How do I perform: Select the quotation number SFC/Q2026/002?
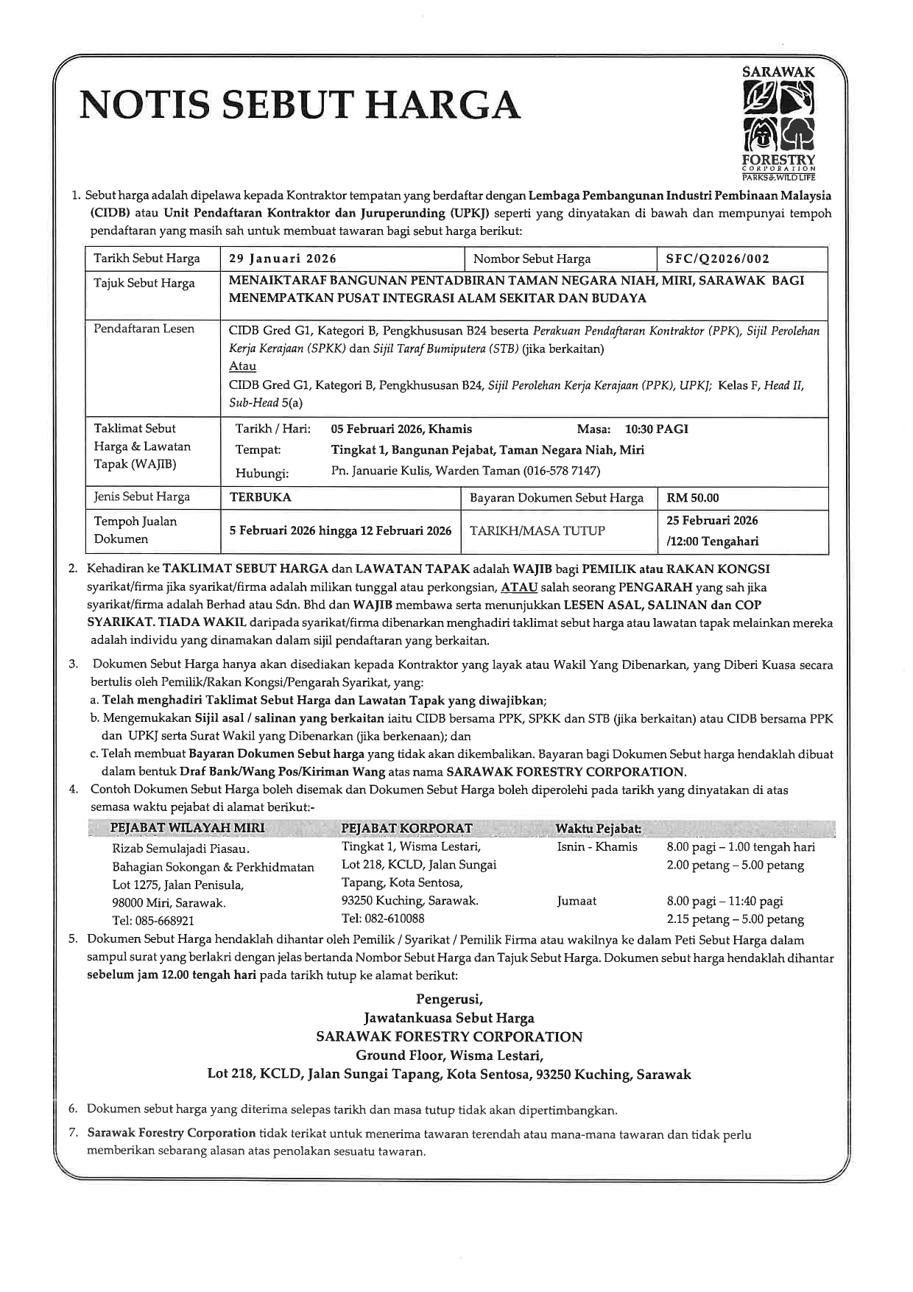coord(718,259)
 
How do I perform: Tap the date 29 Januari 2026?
coord(283,259)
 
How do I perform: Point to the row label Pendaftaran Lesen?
coord(144,329)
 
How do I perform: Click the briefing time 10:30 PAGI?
coord(656,429)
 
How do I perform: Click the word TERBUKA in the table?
coord(261,497)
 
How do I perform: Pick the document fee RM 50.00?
coord(693,498)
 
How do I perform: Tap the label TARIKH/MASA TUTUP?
coord(537,530)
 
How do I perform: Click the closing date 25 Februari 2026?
coord(712,520)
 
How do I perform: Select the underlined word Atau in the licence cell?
coord(242,366)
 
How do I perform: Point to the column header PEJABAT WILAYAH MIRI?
coord(187,828)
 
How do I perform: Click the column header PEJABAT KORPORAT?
coord(406,828)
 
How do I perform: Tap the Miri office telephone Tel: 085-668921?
coord(153,921)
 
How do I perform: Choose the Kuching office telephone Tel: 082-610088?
coord(383,919)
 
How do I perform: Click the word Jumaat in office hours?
coord(577,901)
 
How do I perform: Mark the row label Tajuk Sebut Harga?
coord(144,284)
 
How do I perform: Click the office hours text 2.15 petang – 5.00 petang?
coord(735,919)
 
